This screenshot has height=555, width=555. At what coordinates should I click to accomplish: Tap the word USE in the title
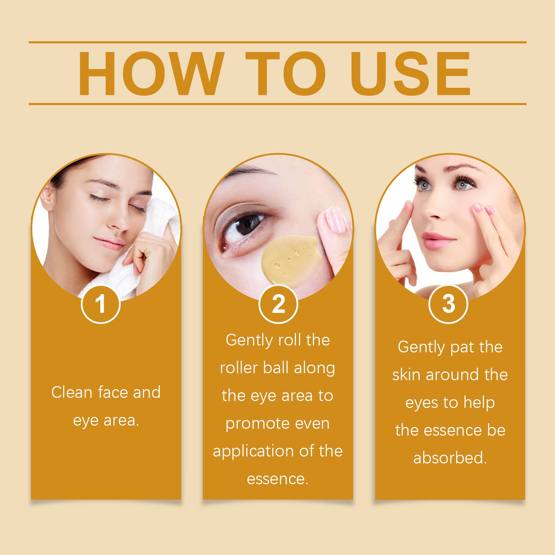tap(410, 73)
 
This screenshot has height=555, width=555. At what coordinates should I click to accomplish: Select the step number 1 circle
tap(101, 304)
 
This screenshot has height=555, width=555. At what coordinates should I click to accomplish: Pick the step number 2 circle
tap(278, 304)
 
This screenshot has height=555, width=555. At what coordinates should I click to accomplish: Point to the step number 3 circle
tap(449, 304)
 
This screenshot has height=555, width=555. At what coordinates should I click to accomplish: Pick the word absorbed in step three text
tap(450, 458)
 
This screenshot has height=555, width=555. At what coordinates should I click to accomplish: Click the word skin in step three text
tap(406, 375)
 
